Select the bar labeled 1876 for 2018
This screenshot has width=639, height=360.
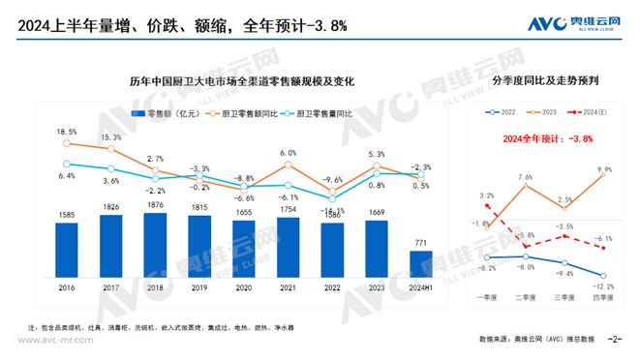[x=155, y=242]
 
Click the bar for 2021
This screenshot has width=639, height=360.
[x=289, y=244]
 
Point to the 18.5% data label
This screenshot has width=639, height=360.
[x=66, y=132]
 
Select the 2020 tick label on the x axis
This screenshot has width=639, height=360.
[x=244, y=286]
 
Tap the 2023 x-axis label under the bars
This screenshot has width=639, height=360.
[x=377, y=286]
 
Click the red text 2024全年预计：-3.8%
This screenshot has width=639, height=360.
[x=547, y=139]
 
